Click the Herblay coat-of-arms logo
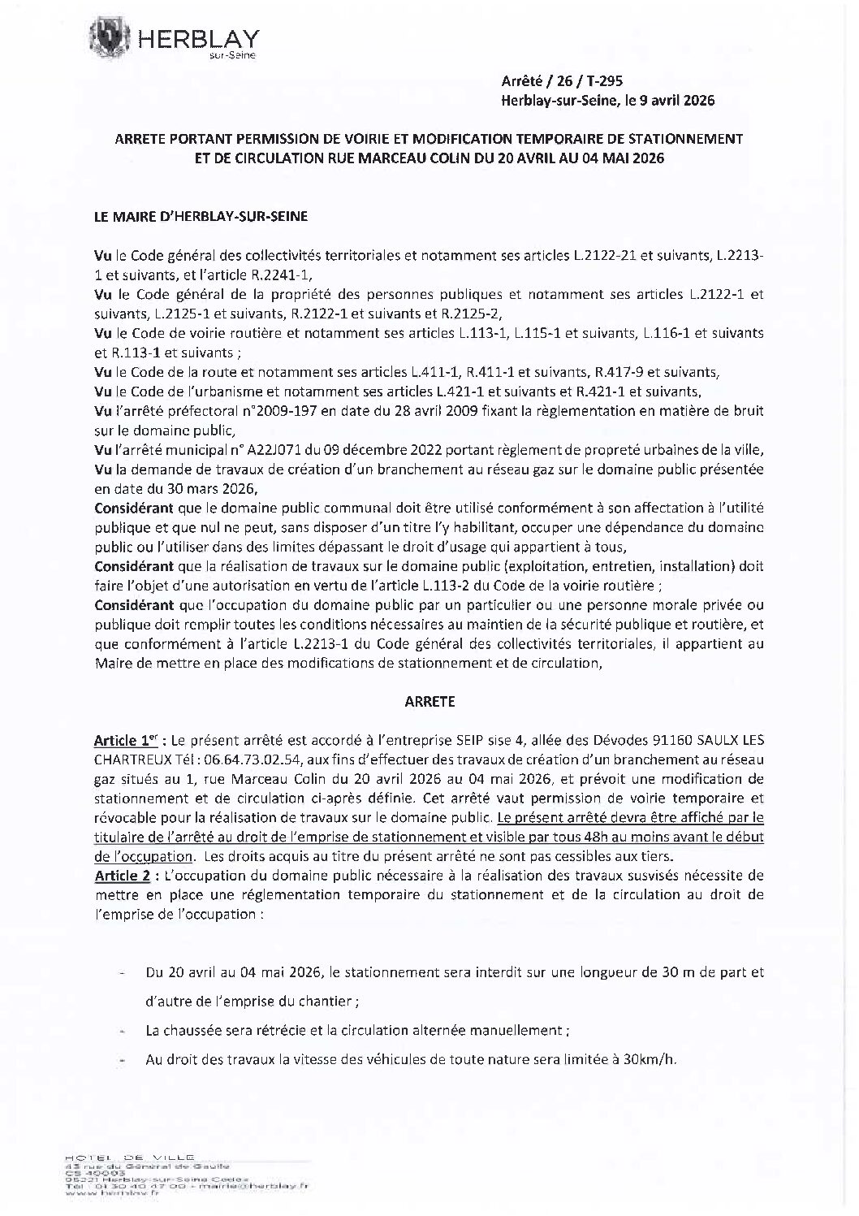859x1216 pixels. pos(111,37)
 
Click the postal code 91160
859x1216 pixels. pos(684,741)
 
